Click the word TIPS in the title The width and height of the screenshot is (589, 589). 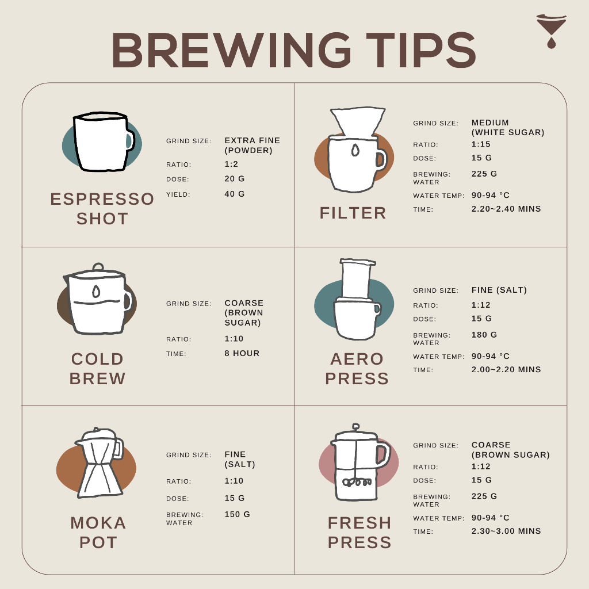point(420,50)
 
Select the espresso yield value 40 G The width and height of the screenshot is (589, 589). point(235,194)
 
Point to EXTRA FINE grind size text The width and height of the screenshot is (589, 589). point(252,140)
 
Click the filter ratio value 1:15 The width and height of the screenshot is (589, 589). point(481,144)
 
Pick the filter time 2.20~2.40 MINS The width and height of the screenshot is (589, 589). point(506,209)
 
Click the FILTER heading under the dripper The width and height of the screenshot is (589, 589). point(353,213)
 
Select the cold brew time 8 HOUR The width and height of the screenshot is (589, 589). point(242,354)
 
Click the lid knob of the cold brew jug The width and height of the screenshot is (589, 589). point(98,267)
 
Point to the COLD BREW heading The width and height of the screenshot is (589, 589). point(97,369)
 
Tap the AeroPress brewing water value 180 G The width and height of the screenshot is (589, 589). point(484,335)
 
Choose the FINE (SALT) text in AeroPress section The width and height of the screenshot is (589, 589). point(499,290)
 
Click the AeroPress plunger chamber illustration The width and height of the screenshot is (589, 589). point(357,279)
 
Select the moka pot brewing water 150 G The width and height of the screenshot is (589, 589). point(237,514)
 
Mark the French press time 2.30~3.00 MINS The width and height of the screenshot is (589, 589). point(506,531)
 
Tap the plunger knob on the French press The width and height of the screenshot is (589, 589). point(355,427)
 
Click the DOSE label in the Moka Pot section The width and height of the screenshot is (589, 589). point(177,499)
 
